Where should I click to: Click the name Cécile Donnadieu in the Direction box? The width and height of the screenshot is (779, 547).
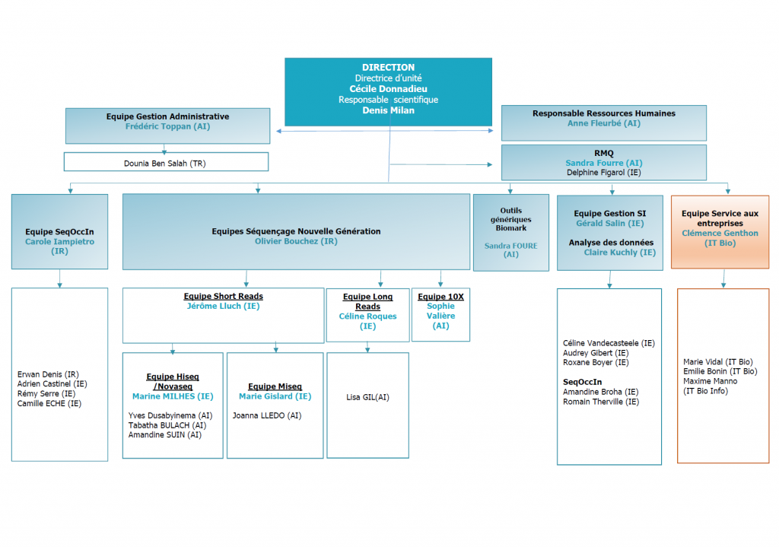pyautogui.click(x=388, y=89)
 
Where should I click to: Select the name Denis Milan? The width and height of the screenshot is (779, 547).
pyautogui.click(x=388, y=110)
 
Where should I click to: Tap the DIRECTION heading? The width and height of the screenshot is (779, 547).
pyautogui.click(x=388, y=67)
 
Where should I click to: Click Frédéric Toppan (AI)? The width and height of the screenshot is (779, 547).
pyautogui.click(x=167, y=126)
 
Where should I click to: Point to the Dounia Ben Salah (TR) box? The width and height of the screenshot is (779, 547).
pyautogui.click(x=166, y=162)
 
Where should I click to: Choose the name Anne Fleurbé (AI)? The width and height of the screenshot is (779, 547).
pyautogui.click(x=603, y=123)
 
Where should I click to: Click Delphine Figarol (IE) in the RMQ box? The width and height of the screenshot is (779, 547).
pyautogui.click(x=603, y=173)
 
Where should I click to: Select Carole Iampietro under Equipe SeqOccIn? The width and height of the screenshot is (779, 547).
pyautogui.click(x=59, y=241)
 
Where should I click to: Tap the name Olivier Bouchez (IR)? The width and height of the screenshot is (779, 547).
pyautogui.click(x=296, y=241)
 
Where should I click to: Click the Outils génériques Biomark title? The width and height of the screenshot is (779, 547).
pyautogui.click(x=510, y=219)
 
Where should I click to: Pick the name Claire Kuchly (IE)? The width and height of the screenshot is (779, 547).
pyautogui.click(x=619, y=253)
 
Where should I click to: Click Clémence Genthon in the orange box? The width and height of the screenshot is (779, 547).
pyautogui.click(x=720, y=233)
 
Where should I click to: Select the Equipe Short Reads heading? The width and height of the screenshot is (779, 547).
pyautogui.click(x=223, y=296)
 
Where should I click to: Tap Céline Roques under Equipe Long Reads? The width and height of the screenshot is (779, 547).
pyautogui.click(x=367, y=316)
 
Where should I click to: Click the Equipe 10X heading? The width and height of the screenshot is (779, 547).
pyautogui.click(x=440, y=297)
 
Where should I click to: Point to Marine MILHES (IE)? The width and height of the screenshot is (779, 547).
pyautogui.click(x=173, y=396)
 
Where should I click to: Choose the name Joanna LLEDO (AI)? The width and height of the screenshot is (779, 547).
pyautogui.click(x=267, y=415)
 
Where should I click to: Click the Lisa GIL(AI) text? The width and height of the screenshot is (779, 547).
pyautogui.click(x=367, y=397)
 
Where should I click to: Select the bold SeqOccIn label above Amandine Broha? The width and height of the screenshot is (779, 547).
pyautogui.click(x=582, y=382)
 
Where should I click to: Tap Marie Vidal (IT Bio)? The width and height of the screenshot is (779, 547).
pyautogui.click(x=718, y=361)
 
